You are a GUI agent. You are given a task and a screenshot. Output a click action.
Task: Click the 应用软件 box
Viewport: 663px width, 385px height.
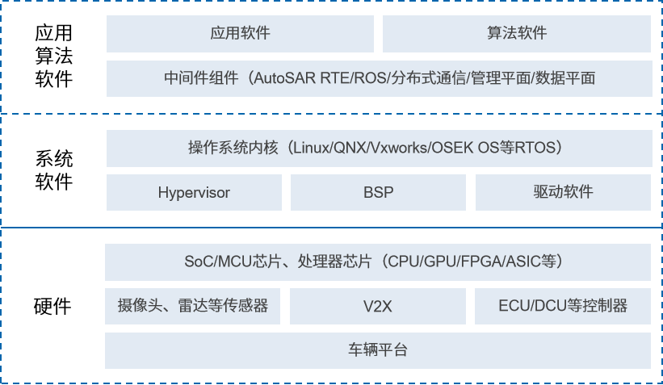click(240, 34)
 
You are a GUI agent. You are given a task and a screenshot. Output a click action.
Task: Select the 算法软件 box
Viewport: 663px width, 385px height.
click(517, 34)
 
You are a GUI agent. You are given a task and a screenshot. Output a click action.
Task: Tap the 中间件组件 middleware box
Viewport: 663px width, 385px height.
click(379, 78)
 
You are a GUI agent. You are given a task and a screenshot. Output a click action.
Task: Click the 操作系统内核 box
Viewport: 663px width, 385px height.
click(379, 149)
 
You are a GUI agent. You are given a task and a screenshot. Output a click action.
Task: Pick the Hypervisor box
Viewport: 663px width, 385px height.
click(194, 193)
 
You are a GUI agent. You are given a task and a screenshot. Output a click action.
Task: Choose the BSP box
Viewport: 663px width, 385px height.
click(377, 193)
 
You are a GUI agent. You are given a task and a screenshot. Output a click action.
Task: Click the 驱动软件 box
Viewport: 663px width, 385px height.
click(563, 193)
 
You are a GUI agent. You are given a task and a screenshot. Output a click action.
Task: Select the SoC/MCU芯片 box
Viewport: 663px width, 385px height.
click(379, 262)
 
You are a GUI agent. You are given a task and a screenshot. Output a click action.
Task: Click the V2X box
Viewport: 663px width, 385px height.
click(377, 306)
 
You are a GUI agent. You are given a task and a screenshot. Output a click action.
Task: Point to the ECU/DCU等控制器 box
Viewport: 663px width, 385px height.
click(563, 306)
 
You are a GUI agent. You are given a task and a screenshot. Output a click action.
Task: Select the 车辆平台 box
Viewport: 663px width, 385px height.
click(379, 350)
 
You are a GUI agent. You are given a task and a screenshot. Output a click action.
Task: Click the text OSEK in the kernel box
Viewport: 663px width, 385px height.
click(452, 149)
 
